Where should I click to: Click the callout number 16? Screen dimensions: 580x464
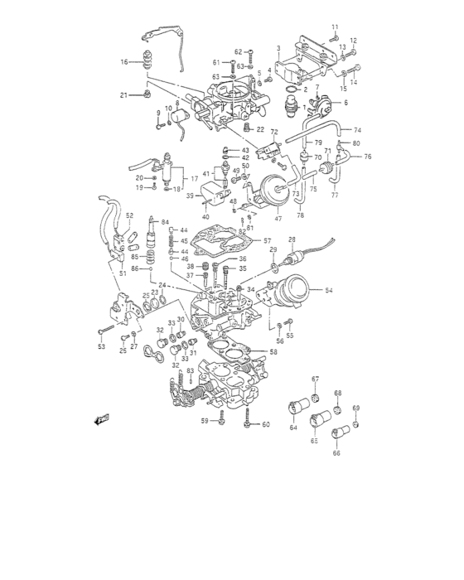coord(123,62)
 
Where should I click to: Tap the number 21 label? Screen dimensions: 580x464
coord(123,95)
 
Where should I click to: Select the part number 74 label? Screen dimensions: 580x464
coord(357,130)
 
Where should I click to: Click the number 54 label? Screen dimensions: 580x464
coord(329,291)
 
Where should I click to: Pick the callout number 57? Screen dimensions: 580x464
coord(267,241)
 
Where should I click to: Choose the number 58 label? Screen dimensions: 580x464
coord(273,351)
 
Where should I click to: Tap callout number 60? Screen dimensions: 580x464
coord(266,425)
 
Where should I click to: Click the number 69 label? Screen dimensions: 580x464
coord(356,408)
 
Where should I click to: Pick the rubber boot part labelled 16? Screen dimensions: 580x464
coord(150,63)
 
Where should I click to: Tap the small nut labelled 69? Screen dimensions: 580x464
coord(355,425)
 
